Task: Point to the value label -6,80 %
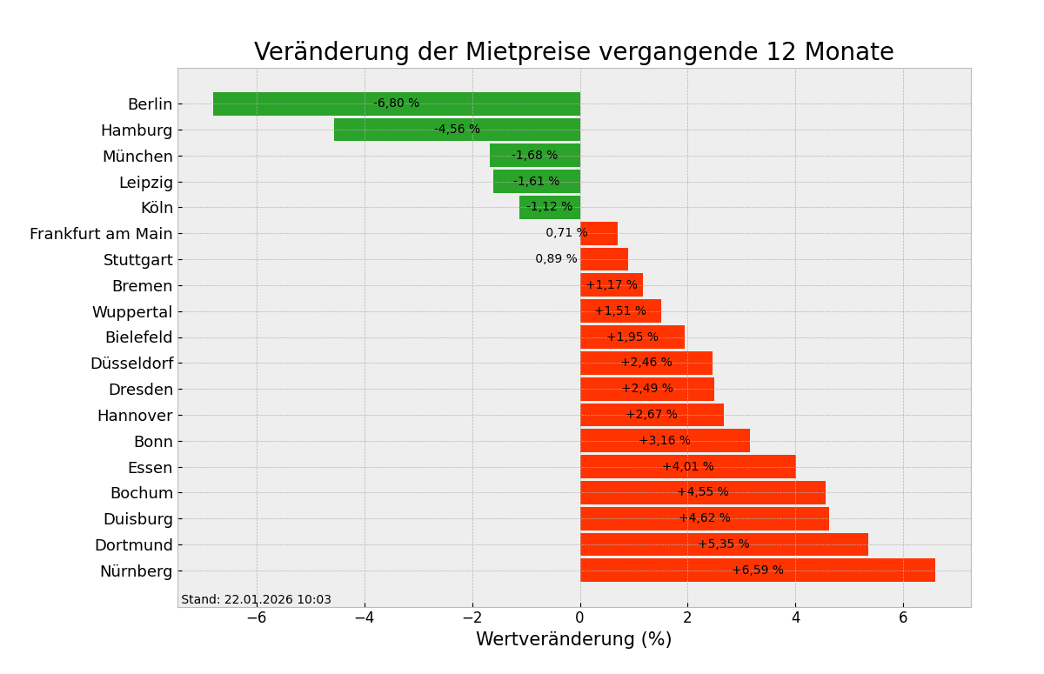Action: (x=396, y=103)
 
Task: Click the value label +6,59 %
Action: (x=757, y=571)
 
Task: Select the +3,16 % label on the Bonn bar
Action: (x=665, y=441)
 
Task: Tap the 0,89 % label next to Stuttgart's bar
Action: (x=556, y=259)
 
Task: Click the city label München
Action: (x=137, y=157)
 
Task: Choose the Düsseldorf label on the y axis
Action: (x=131, y=364)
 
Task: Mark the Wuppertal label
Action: (x=132, y=311)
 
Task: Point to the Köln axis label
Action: (x=157, y=208)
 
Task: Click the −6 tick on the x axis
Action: (x=256, y=617)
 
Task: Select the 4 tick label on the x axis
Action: (x=795, y=617)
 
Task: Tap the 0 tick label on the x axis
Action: (x=580, y=617)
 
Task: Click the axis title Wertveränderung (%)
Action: (x=573, y=640)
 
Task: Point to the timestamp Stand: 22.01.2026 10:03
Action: (x=256, y=600)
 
